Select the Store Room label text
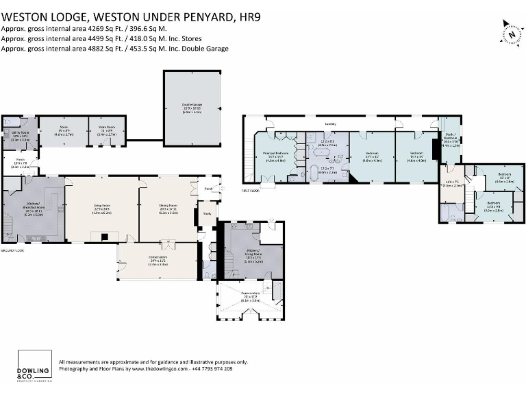[x=106, y=127]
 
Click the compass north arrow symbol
[x=511, y=32]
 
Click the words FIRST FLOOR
[x=251, y=189]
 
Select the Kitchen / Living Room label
[x=253, y=250]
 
